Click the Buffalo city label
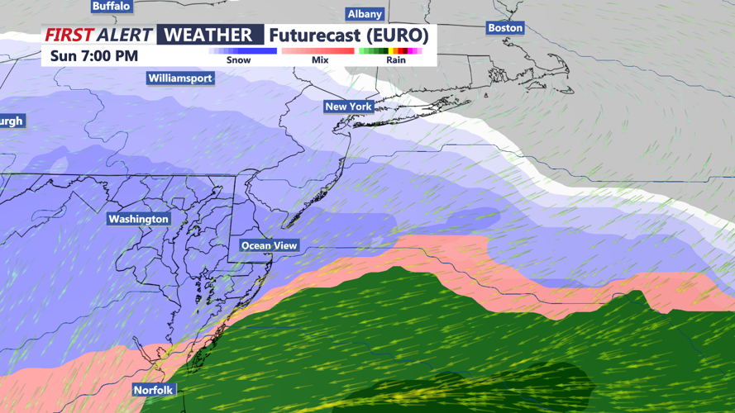111,6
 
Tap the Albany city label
365,14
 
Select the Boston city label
505,28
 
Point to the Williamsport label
180,78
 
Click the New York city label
348,107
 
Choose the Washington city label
139,219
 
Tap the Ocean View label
269,246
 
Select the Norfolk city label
154,390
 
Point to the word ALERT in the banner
124,36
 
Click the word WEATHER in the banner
208,36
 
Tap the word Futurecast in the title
315,36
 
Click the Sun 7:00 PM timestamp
94,56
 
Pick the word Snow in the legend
238,60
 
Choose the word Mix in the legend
320,60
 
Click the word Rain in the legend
396,60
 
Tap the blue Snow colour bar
242,51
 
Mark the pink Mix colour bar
318,51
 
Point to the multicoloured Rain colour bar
390,51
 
